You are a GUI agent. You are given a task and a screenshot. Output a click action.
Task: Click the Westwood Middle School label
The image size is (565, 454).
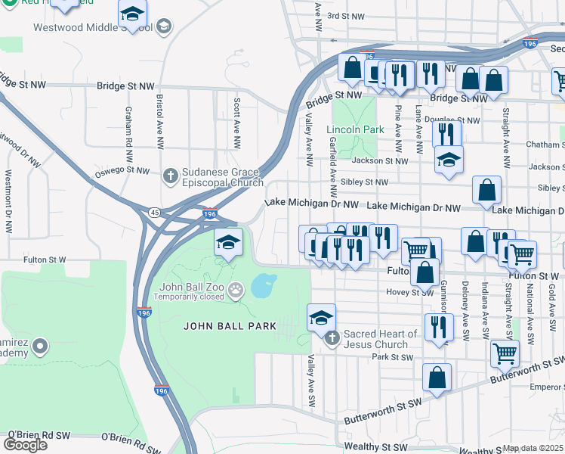click(93, 27)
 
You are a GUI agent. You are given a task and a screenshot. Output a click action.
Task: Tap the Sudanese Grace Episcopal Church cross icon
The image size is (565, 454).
click(170, 176)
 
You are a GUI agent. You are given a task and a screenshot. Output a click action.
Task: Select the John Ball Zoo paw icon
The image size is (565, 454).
click(236, 288)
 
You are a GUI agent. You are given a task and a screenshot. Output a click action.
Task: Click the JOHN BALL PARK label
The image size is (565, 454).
click(230, 326)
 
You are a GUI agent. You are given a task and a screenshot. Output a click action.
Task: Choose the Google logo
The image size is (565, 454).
click(25, 444)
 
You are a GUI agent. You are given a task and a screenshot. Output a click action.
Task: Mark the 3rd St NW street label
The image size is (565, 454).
click(346, 16)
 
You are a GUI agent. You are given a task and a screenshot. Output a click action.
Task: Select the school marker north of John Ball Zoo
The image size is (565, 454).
click(228, 242)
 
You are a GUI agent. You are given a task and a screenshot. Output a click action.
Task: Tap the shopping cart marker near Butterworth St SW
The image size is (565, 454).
click(504, 353)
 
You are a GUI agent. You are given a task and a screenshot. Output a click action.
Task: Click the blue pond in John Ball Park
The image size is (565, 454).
click(262, 286)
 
